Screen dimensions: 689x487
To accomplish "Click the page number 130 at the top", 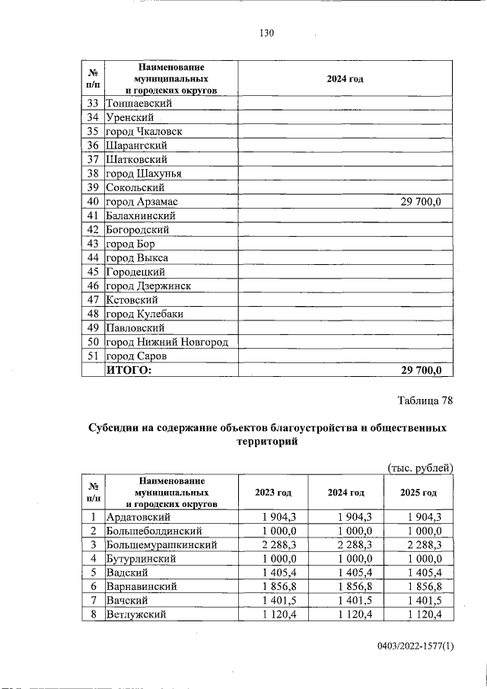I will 266,33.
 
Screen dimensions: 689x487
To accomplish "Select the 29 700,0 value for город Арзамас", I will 426,202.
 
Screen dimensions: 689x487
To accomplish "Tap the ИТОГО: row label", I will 129,370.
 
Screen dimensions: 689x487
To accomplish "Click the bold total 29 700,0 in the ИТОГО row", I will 426,370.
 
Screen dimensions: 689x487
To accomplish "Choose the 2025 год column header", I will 419,493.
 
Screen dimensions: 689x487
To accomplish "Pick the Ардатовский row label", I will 138,517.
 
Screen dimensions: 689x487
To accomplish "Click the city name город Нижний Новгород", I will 167,342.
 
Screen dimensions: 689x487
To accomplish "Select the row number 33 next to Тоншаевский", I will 94,104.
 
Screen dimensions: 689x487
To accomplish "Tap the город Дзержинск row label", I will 148,286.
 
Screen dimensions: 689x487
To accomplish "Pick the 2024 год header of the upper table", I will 345,78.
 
